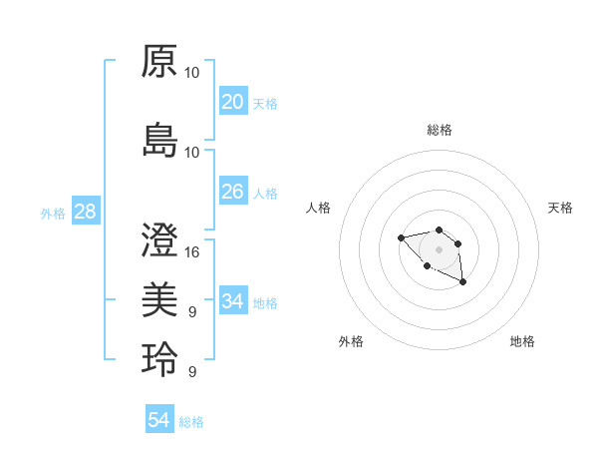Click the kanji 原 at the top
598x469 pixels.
pos(159,61)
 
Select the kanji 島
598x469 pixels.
pos(159,140)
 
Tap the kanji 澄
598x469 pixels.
pos(159,239)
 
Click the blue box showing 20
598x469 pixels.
pos(233,102)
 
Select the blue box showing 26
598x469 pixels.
pos(233,192)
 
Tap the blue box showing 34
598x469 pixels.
pos(233,300)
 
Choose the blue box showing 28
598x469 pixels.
pos(85,212)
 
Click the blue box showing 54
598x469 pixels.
pos(159,420)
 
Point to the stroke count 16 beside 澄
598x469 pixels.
pos(192,251)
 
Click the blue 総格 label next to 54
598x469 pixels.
pos(191,422)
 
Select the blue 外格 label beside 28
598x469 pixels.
pos(53,214)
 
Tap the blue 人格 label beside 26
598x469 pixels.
pos(265,194)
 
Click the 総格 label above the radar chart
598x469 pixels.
pos(440,130)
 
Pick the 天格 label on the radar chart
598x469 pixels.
pos(561,208)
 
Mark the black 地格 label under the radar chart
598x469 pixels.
pos(522,341)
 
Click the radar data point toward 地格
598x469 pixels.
pos(463,283)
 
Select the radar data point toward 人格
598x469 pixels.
pos(401,237)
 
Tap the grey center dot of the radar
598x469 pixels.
pos(439,249)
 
